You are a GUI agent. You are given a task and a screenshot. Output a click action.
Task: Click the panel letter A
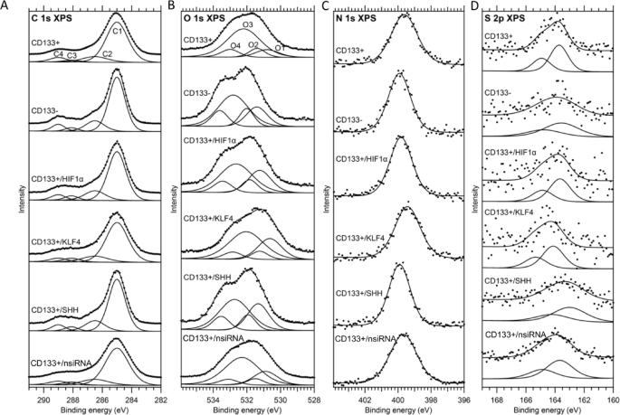(x=5, y=5)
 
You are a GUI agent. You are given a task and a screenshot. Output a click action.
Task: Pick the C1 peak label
(x=118, y=33)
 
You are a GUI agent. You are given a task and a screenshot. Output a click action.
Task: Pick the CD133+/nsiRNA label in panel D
(x=515, y=334)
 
